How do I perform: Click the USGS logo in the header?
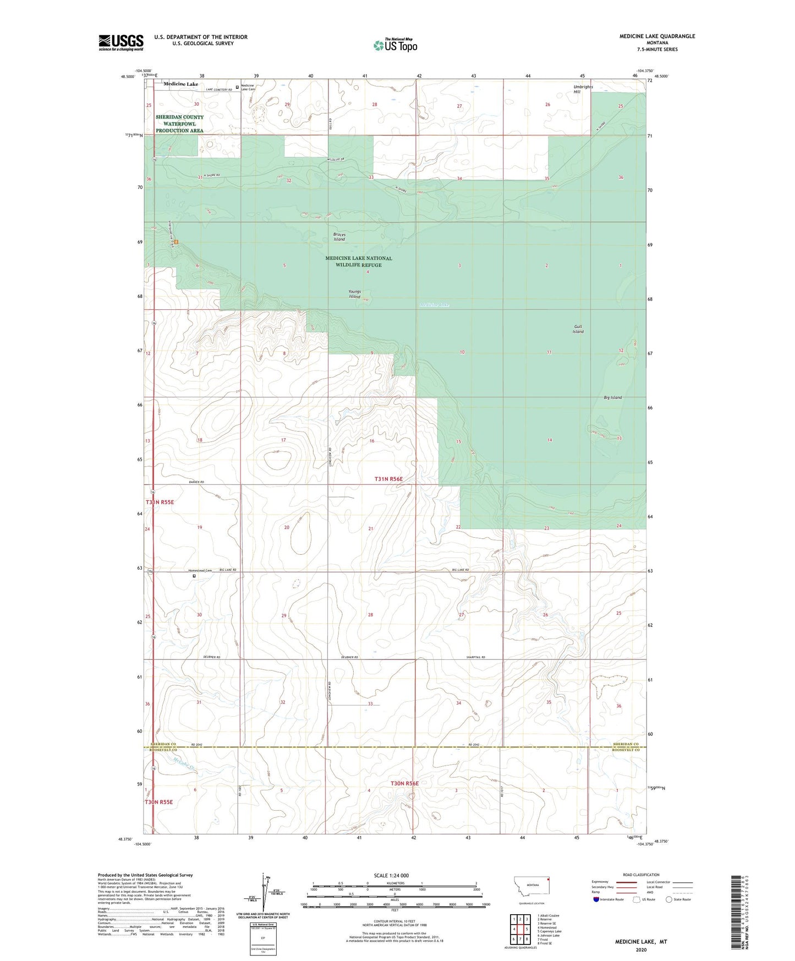(121, 42)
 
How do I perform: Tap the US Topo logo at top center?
(396, 45)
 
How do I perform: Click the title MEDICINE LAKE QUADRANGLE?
(657, 36)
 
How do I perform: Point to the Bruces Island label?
(339, 237)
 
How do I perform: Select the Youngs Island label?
(354, 294)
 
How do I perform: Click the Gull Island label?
(578, 329)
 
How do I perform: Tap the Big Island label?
(612, 397)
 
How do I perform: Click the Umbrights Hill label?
(583, 89)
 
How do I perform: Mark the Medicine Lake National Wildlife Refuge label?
(359, 261)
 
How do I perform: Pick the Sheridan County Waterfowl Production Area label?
(179, 124)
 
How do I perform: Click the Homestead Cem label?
(200, 570)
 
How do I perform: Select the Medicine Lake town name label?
(180, 84)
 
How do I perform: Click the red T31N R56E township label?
(388, 479)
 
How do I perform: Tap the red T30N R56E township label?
(404, 783)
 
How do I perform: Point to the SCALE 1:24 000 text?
(391, 875)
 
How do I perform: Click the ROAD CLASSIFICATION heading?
(641, 875)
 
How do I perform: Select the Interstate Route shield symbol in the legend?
(596, 899)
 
